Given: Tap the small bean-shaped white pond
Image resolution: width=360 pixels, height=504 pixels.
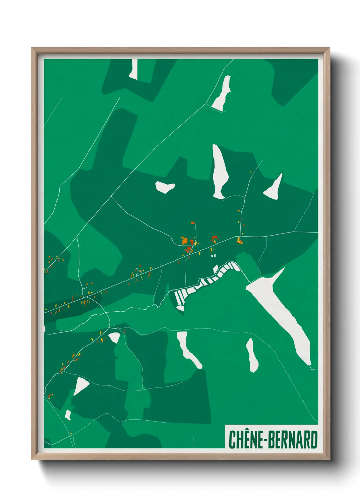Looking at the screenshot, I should click(x=165, y=187).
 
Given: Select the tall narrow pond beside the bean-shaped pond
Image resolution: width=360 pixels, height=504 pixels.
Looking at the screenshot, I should click(x=219, y=172).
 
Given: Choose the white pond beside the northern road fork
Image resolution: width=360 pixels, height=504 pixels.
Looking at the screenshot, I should click(x=222, y=93).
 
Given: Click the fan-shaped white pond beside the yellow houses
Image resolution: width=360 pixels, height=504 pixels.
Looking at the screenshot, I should click(x=115, y=337).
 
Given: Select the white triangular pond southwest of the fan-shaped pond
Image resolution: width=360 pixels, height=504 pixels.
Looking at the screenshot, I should click(x=80, y=385).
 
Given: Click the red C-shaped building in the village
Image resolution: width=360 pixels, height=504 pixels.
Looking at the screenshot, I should click(x=214, y=239).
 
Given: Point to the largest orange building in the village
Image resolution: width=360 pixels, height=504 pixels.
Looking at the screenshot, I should click(x=185, y=241).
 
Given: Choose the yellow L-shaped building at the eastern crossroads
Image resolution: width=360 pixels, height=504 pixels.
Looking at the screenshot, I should click(x=239, y=240).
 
